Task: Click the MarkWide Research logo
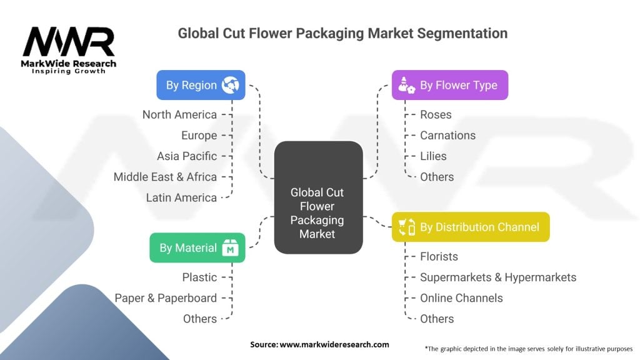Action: tap(69, 50)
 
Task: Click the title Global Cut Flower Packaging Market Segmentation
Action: tap(342, 33)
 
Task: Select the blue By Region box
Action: tap(201, 85)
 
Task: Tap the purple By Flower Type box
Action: tap(449, 85)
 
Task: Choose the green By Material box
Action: tap(197, 248)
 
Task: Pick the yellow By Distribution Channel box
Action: tap(470, 227)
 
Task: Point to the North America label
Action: tap(179, 114)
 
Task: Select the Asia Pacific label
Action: tap(187, 156)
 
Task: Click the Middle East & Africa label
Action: tap(165, 177)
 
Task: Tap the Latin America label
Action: tap(181, 197)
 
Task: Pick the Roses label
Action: tap(436, 114)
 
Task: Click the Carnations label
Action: tap(447, 135)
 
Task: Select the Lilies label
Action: tap(433, 156)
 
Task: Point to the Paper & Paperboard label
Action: tap(166, 298)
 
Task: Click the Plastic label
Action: tap(199, 277)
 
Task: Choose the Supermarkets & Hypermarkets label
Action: tap(498, 277)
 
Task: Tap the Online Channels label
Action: tap(461, 298)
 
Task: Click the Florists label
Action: tap(439, 256)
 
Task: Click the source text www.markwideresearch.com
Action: tap(319, 344)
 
